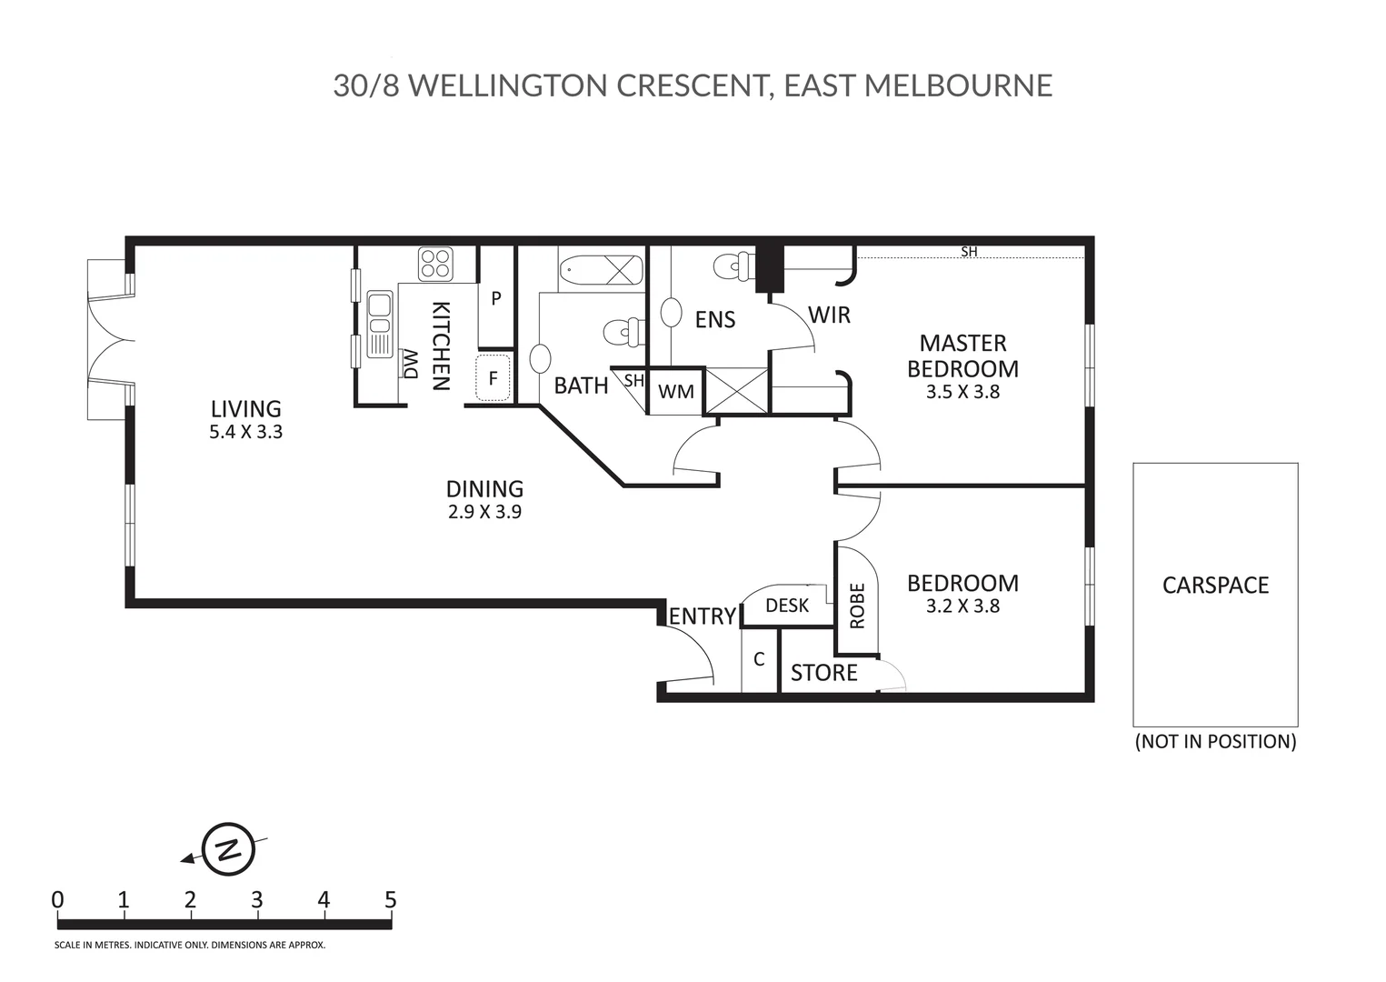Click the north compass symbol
click(x=228, y=850)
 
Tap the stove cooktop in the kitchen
click(x=435, y=264)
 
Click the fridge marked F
click(x=494, y=378)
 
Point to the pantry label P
click(x=496, y=298)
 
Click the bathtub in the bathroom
click(x=600, y=270)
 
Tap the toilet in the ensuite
click(x=733, y=266)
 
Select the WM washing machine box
click(x=675, y=392)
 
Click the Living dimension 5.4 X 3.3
click(x=245, y=432)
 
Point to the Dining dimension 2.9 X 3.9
click(x=484, y=512)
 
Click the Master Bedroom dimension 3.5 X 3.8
click(x=962, y=392)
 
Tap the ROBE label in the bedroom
click(x=857, y=606)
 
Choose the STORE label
click(x=823, y=673)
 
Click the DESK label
click(x=786, y=606)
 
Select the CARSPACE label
click(x=1215, y=585)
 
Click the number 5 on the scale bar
click(x=390, y=900)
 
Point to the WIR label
click(x=829, y=316)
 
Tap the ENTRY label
click(x=702, y=616)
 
